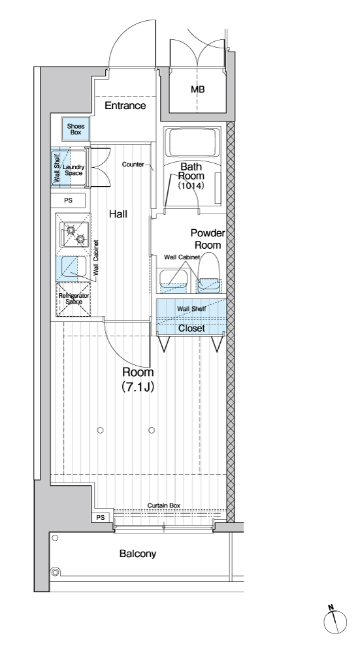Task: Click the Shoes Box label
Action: [x=75, y=129]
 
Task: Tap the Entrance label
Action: [x=125, y=105]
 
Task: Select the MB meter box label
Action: [x=197, y=89]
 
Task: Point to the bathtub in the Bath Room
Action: [x=193, y=143]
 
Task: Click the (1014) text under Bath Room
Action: [x=191, y=185]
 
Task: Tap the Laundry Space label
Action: [x=73, y=170]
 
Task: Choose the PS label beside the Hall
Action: [x=69, y=200]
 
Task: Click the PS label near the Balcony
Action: [x=101, y=517]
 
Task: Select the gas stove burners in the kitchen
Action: [x=75, y=233]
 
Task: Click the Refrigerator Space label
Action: [x=74, y=298]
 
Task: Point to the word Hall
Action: [x=118, y=214]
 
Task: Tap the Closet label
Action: [x=191, y=328]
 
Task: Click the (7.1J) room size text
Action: [x=138, y=387]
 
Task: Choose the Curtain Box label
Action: [x=164, y=505]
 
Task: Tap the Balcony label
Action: [x=138, y=554]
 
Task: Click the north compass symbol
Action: [x=335, y=622]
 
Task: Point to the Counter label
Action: [x=133, y=165]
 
